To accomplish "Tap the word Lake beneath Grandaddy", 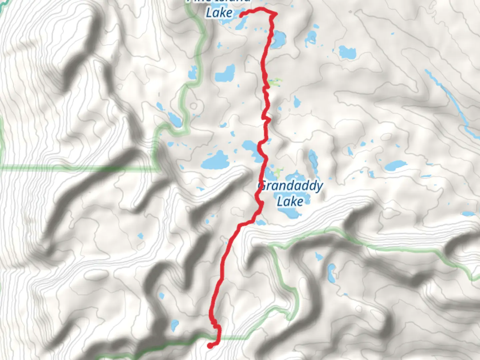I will coord(290,201).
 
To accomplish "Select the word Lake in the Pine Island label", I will coord(219,13).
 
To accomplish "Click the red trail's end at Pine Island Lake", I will coord(241,14).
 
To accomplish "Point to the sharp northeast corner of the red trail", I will coord(276,14).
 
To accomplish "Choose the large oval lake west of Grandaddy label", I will coord(215,161).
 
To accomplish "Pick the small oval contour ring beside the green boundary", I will coord(193,106).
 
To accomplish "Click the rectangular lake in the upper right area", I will coord(347,52).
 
